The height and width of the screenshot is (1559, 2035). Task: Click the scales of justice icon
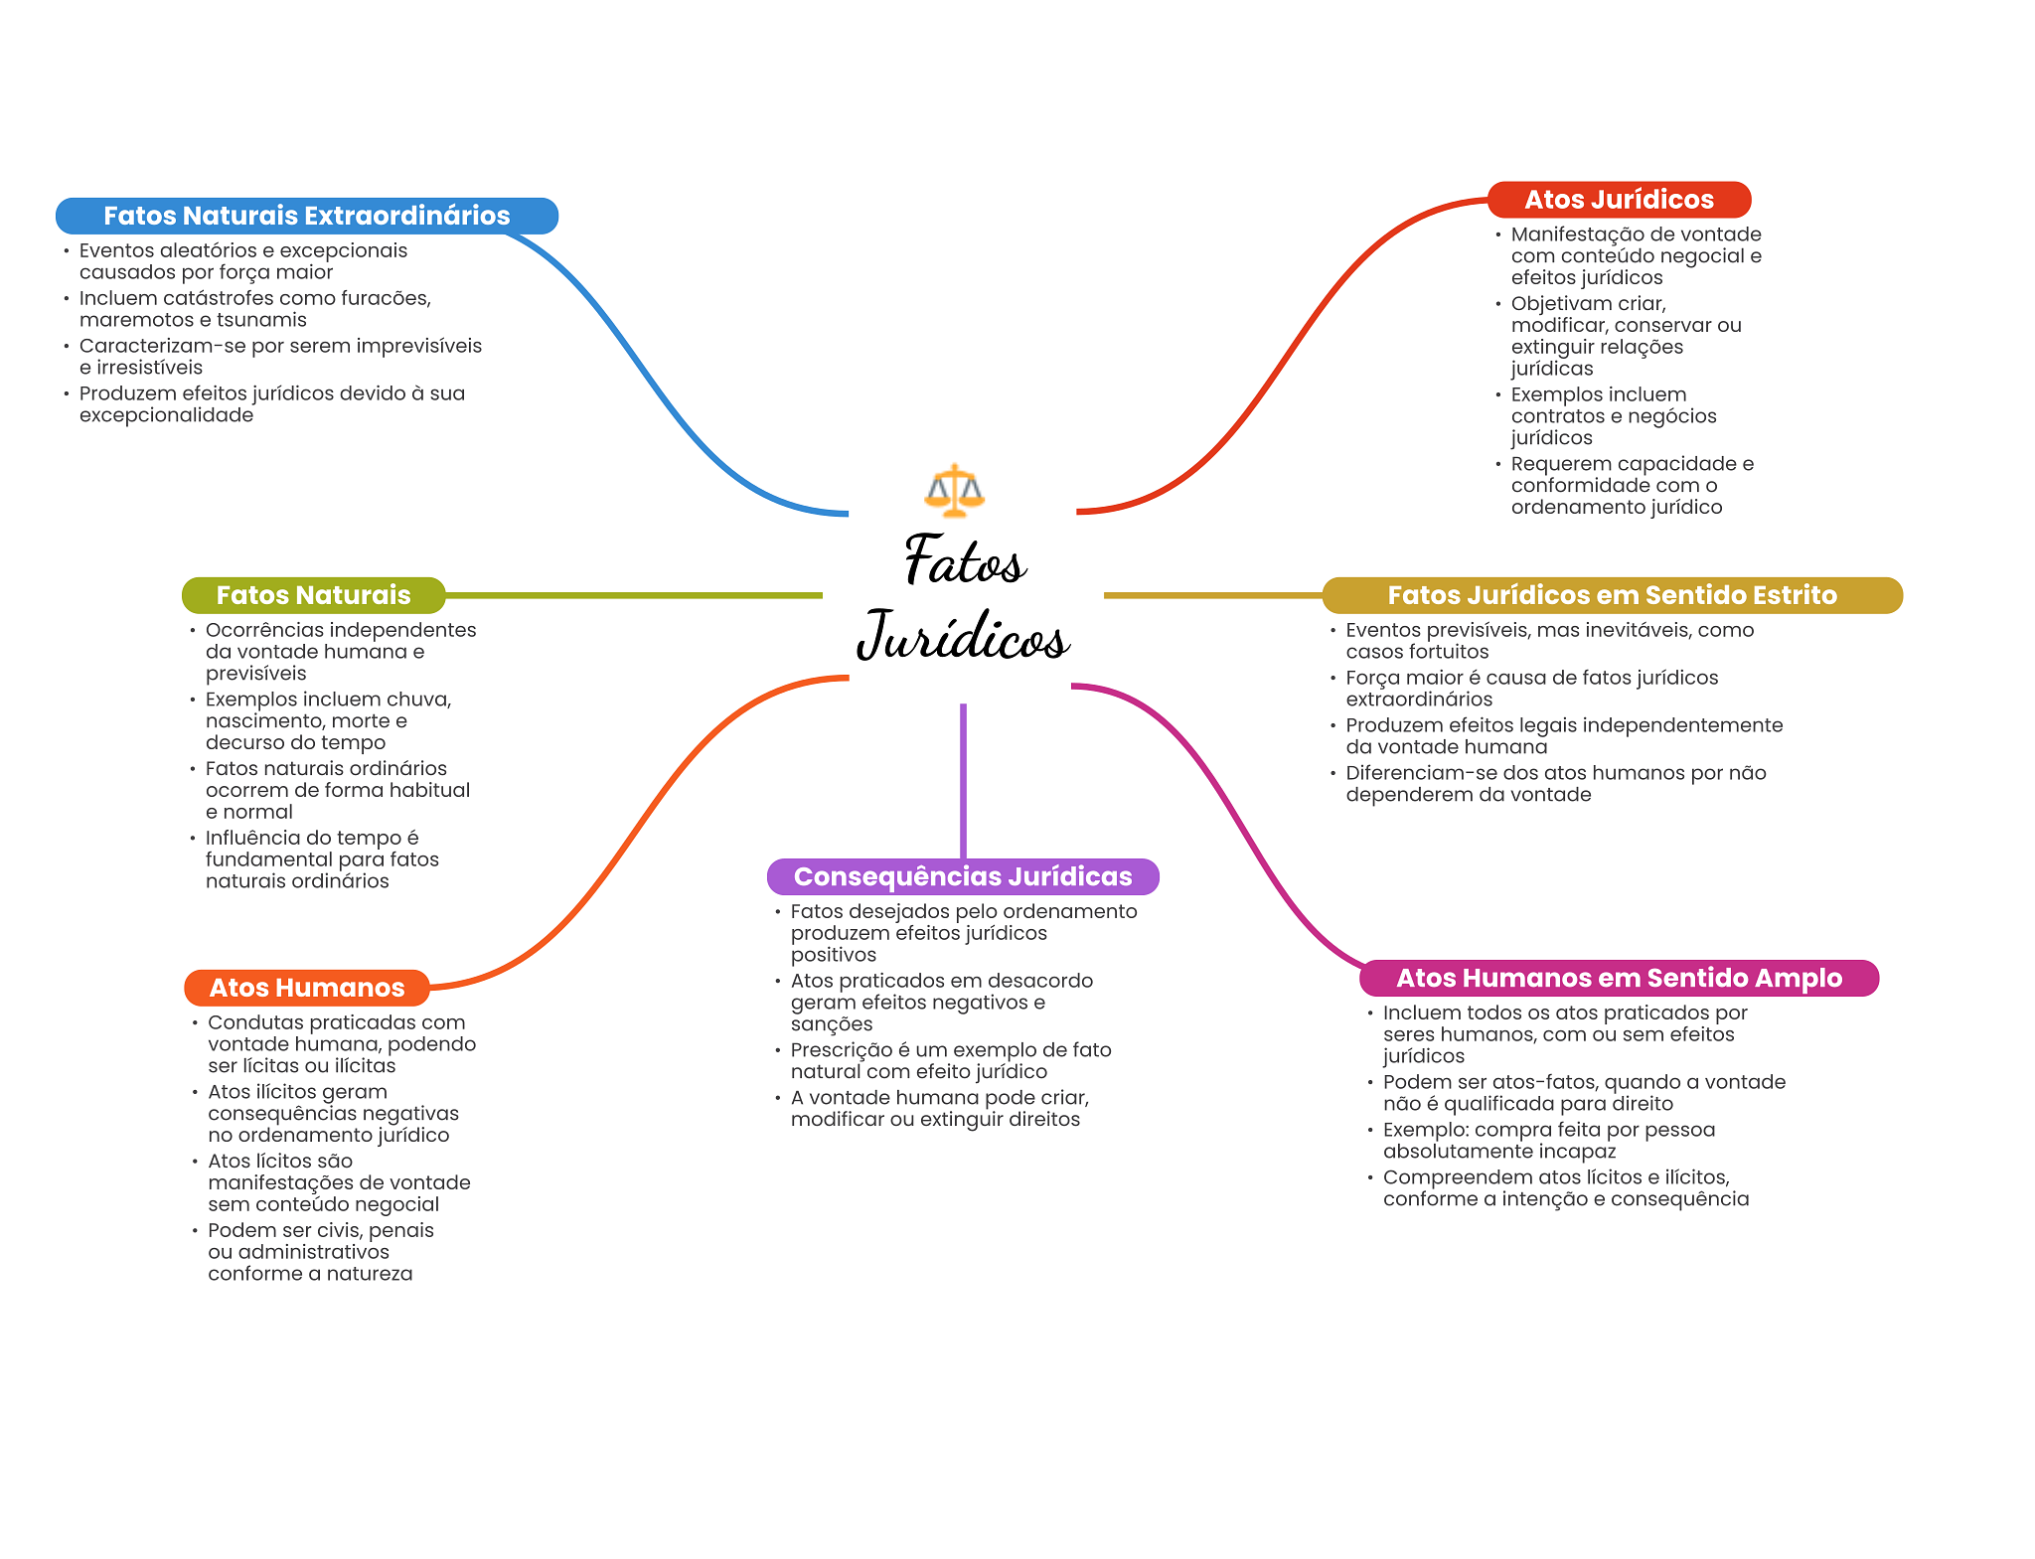954,490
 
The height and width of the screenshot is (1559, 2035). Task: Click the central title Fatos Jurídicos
963,597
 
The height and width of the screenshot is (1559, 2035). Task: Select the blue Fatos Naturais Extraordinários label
307,216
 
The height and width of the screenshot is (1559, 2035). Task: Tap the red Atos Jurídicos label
1619,200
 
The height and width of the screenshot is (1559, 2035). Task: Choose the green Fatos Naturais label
314,595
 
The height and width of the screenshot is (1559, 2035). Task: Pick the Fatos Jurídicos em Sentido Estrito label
1612,595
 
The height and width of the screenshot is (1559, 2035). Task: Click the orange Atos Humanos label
307,988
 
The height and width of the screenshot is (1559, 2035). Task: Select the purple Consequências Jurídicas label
963,876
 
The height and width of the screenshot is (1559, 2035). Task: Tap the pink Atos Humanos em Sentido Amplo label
1619,978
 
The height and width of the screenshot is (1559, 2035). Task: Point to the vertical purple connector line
963,781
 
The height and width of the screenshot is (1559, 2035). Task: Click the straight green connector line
634,595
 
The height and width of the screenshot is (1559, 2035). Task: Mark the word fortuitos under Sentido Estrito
1446,652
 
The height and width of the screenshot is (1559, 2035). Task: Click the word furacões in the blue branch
389,298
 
